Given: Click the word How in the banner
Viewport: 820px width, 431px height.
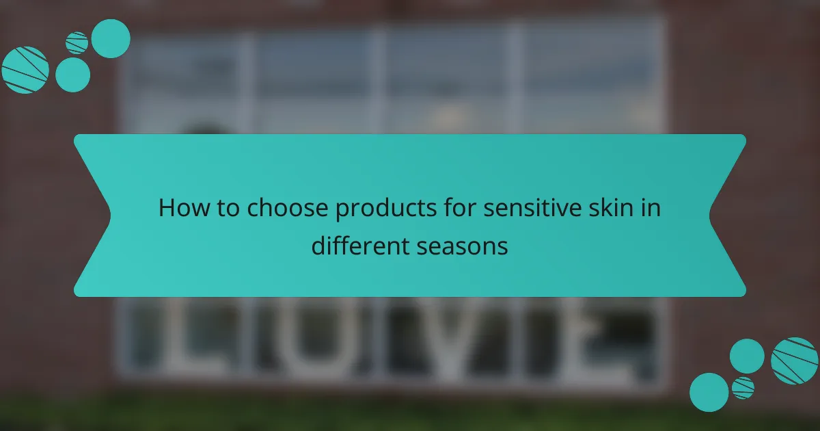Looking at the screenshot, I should (181, 208).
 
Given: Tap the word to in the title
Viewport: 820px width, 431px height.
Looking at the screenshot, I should (225, 208).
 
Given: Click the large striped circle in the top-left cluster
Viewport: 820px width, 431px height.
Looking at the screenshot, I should (25, 70).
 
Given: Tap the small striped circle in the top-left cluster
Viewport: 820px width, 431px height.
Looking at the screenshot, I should (77, 43).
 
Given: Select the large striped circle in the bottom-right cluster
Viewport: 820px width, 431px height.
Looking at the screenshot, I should (794, 361).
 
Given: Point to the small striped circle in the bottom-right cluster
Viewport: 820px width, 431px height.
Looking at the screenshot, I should (743, 388).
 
